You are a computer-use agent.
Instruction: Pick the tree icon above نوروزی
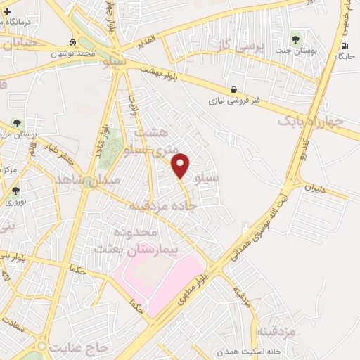coord(15,190)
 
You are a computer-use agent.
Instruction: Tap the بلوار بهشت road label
coord(161,72)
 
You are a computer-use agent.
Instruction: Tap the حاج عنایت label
coord(76,346)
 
